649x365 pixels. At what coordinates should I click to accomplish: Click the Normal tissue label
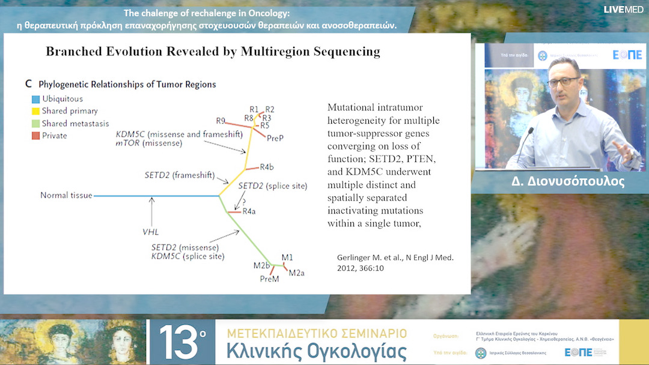(x=66, y=195)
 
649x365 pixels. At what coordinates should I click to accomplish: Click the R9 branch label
(x=221, y=120)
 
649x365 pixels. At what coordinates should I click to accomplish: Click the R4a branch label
(x=249, y=211)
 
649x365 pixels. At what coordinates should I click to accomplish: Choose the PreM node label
(x=269, y=279)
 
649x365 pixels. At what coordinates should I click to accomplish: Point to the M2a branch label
(x=297, y=273)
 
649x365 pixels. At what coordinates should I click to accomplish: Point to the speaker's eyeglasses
(x=563, y=82)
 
